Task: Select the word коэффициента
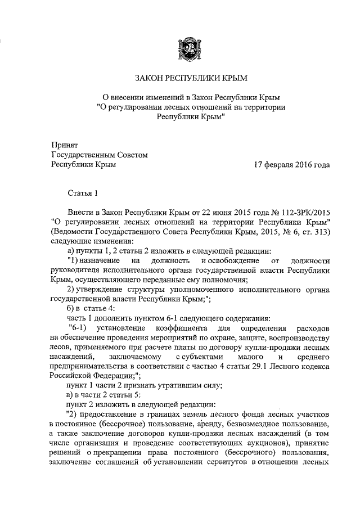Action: tap(187, 328)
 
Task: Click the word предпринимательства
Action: tap(87, 366)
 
